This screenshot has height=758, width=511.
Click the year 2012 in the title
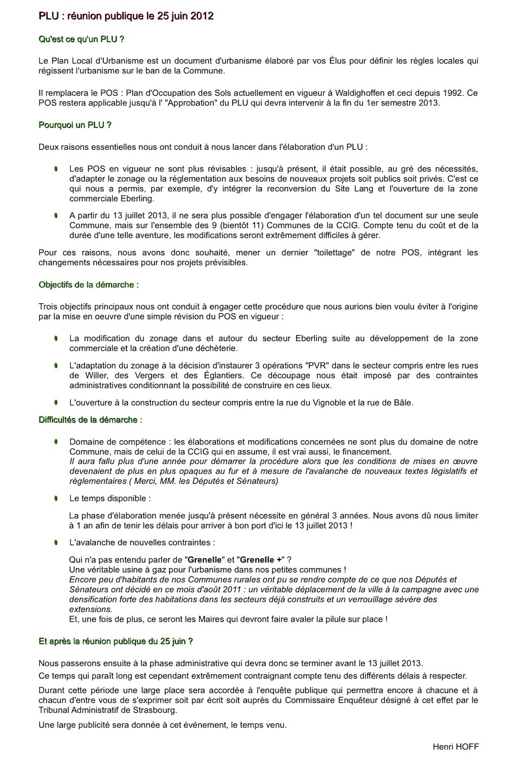coord(202,16)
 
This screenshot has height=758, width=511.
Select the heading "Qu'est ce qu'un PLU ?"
coord(82,39)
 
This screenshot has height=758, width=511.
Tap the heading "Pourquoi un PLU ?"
coord(75,125)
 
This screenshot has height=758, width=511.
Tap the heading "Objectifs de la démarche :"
coord(89,285)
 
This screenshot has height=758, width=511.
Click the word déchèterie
coord(216,348)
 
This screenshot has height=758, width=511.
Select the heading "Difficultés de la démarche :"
coord(90,420)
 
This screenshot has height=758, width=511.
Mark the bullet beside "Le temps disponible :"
coord(55,498)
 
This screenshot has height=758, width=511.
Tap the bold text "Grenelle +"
coord(261,560)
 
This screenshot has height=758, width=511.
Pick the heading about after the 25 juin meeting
coord(116,641)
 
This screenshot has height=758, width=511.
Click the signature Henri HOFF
coord(456,746)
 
